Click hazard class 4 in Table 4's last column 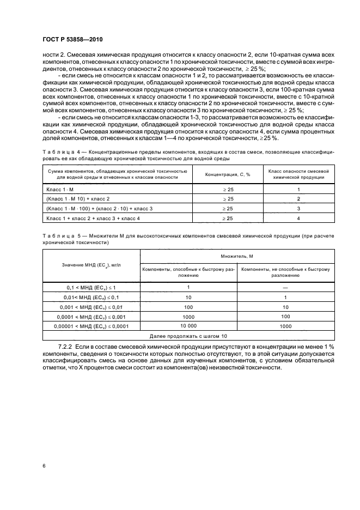tap(298, 218)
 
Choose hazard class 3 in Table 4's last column tap(298, 208)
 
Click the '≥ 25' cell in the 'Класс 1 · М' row tap(227, 189)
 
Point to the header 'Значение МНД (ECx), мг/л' tap(91, 265)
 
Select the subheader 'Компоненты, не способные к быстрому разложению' tap(285, 272)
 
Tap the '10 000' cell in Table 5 tap(188, 326)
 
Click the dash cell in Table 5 tap(285, 287)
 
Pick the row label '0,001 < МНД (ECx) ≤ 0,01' tap(91, 307)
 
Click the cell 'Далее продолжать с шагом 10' tap(188, 336)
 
